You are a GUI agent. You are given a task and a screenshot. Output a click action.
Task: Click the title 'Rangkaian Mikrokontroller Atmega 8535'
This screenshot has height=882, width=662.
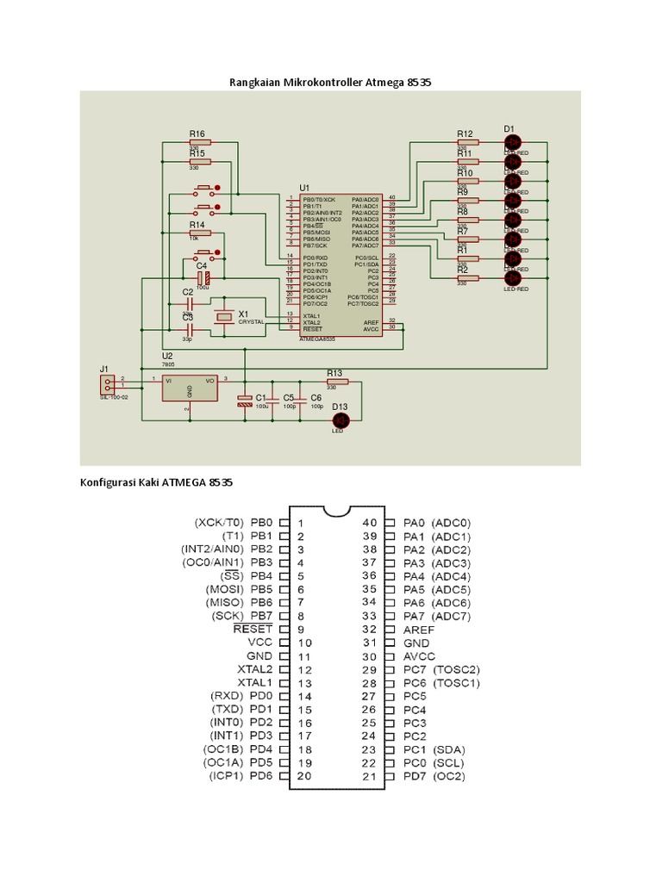(x=329, y=83)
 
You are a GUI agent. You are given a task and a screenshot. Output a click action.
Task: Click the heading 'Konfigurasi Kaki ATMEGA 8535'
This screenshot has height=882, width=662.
(x=156, y=483)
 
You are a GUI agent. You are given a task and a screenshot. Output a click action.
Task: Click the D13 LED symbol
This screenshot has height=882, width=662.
(x=340, y=419)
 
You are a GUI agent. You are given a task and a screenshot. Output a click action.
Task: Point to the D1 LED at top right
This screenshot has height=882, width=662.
(x=512, y=141)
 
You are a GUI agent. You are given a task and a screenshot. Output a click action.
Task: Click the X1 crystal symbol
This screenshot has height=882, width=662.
(x=224, y=317)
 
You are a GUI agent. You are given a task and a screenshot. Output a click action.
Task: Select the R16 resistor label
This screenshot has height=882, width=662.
(x=197, y=134)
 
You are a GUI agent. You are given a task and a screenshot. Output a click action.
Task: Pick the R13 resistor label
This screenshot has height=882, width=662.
(x=334, y=373)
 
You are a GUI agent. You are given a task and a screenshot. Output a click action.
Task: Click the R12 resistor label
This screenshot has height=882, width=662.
(x=465, y=134)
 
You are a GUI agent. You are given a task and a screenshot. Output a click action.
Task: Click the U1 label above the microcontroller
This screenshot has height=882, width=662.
(x=304, y=187)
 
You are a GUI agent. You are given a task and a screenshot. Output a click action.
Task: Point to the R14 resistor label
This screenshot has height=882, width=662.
(x=197, y=224)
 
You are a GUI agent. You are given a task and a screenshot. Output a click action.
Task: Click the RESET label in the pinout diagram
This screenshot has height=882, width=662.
(x=253, y=629)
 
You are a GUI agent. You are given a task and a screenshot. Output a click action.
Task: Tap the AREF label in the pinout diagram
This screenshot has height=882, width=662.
(x=419, y=630)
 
